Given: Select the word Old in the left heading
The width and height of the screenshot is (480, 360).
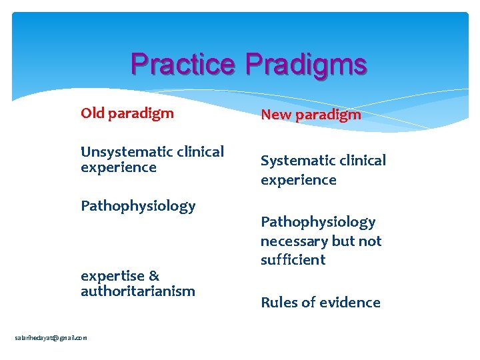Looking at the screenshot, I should click(93, 113).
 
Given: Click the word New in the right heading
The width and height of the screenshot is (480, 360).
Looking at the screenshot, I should click(275, 115).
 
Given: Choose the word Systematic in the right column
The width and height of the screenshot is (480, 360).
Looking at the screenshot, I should click(294, 161).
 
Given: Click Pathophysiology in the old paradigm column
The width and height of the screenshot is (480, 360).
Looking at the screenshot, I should click(138, 206).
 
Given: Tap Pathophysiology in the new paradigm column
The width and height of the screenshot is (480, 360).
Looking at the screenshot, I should click(318, 222).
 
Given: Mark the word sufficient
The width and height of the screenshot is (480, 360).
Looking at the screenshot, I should click(293, 260).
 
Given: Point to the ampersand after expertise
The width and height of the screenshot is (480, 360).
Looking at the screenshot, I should click(153, 275).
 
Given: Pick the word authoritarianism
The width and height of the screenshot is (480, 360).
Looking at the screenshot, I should click(138, 291).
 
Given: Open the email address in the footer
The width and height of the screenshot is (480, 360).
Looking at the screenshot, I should click(51, 338).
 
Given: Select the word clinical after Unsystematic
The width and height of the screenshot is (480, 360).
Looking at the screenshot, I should click(197, 152).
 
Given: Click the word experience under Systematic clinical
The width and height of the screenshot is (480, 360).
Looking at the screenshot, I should click(298, 180).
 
